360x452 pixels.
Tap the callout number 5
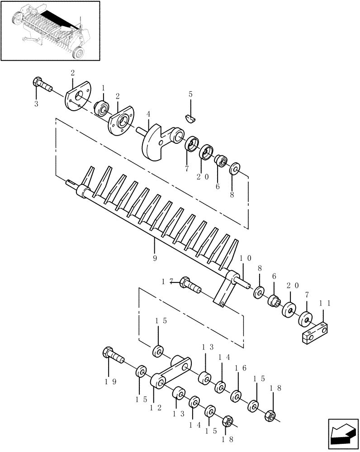190,94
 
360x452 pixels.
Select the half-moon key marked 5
191,118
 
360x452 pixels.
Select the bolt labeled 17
190,285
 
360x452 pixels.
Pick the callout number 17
168,282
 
